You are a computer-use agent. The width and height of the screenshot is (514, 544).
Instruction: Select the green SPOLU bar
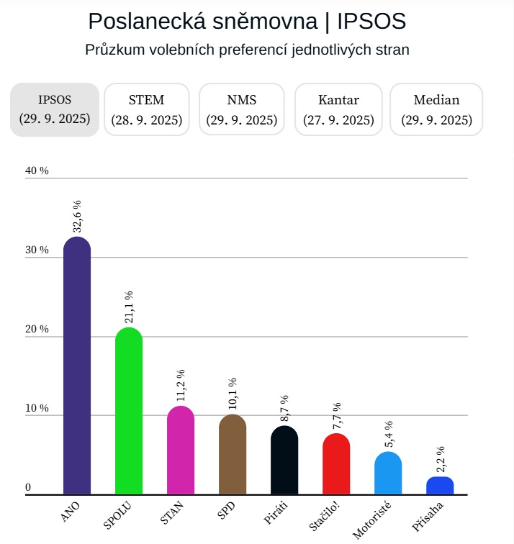[x=129, y=411]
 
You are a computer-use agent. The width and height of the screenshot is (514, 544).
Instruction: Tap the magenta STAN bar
[x=181, y=450]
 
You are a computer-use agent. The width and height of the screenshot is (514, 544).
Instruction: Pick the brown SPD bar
[x=233, y=455]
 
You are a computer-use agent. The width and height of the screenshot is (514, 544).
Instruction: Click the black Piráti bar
[x=284, y=461]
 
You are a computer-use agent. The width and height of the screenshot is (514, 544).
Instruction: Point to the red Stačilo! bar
[x=336, y=464]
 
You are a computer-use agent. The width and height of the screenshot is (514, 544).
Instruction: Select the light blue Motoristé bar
[x=388, y=473]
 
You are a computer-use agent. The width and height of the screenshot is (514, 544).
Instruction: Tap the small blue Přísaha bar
[x=440, y=486]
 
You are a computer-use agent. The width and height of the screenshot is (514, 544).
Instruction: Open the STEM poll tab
[x=147, y=109]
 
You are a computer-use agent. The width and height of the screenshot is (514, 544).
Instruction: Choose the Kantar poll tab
[x=338, y=109]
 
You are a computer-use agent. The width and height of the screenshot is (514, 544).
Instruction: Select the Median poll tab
[x=436, y=109]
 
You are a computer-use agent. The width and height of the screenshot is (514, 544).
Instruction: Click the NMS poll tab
[x=241, y=109]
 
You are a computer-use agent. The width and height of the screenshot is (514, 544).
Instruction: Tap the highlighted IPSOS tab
[x=54, y=109]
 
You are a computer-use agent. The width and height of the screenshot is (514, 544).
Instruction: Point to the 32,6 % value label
[x=77, y=217]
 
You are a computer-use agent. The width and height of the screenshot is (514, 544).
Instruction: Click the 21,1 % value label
[x=129, y=307]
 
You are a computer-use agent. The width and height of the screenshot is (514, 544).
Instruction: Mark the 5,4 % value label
[x=388, y=434]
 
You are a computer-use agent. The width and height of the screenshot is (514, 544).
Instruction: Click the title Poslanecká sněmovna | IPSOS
[x=247, y=22]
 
